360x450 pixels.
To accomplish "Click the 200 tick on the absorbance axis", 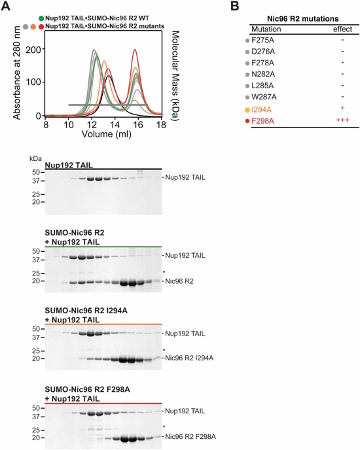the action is tap(33, 49).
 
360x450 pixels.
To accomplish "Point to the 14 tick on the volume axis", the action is tap(115, 125).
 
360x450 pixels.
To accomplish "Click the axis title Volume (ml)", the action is tap(107, 134).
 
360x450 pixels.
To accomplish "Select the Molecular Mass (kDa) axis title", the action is tap(175, 75).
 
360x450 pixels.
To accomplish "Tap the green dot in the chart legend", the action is tap(41, 19).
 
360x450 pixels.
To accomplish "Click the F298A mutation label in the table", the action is tap(262, 121).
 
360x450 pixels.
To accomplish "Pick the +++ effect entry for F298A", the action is tap(342, 120).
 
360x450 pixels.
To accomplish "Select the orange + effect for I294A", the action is tap(342, 108).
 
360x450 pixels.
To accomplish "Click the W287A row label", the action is tap(264, 97).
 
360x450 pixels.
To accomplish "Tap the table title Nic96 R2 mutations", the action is tap(303, 19).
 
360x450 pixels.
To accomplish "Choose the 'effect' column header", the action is tap(342, 29).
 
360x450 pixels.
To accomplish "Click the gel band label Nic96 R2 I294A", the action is tap(189, 358).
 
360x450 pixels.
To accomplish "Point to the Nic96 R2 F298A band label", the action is tap(190, 437).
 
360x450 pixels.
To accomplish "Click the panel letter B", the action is tap(235, 6).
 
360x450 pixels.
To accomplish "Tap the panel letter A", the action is tap(6, 6).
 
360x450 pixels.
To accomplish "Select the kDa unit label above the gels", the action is tap(35, 159).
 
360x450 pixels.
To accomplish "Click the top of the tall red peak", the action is tap(134, 49).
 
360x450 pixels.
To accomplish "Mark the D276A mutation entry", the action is tap(263, 52).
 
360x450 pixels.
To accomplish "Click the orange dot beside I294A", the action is tap(247, 110).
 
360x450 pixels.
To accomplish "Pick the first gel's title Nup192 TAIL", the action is tap(69, 165).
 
